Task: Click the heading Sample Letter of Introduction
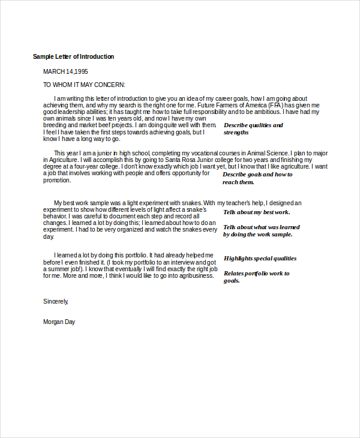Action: tap(73, 56)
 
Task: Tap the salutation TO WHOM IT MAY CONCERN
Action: tap(84, 85)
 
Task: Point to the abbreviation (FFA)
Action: tap(275, 105)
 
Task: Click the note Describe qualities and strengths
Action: tap(253, 128)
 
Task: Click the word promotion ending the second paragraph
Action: tap(57, 181)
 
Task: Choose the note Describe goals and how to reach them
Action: tap(257, 178)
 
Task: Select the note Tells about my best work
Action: tap(256, 212)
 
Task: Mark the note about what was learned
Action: tap(261, 230)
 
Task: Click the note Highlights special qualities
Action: tap(260, 259)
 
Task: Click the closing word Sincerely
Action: tap(56, 301)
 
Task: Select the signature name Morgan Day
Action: tap(59, 322)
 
